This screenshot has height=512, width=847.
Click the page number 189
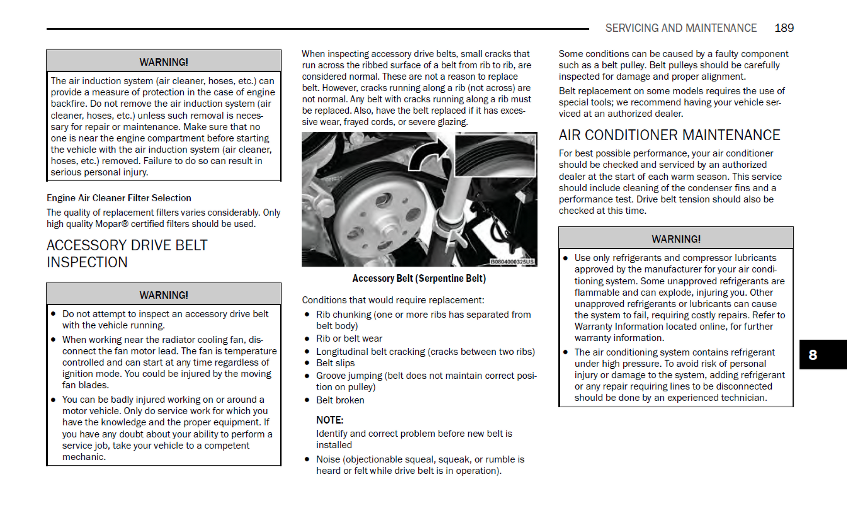click(x=784, y=28)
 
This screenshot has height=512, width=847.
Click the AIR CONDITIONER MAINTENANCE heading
click(x=669, y=135)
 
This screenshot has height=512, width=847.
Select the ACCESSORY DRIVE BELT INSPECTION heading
click(x=127, y=253)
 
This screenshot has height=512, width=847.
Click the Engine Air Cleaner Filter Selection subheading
click(x=119, y=198)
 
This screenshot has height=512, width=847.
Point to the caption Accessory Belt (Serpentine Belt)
click(x=419, y=278)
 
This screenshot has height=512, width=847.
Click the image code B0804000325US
click(x=512, y=262)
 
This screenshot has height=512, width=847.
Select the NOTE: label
click(x=329, y=420)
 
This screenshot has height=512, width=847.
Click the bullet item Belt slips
click(x=335, y=363)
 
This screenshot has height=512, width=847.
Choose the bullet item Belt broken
click(x=340, y=400)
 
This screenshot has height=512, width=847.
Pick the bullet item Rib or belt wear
click(x=349, y=338)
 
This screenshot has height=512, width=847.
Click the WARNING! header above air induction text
click(x=164, y=62)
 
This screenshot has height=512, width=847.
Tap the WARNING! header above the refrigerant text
click(x=676, y=239)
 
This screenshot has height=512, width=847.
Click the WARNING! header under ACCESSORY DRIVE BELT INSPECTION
click(x=164, y=295)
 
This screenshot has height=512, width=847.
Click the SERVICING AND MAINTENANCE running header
click(x=681, y=28)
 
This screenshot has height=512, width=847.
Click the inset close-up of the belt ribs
click(x=495, y=155)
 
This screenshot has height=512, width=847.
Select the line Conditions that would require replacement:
click(x=393, y=300)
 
